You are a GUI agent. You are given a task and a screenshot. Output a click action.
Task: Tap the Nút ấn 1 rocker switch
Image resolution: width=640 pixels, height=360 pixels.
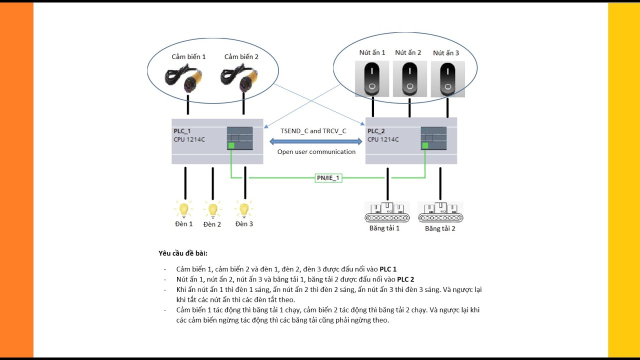tap(372, 78)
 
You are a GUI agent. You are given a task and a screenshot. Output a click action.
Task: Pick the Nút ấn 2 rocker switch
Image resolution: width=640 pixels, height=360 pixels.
tap(409, 78)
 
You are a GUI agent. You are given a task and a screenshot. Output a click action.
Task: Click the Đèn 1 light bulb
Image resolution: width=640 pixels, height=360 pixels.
tap(183, 208)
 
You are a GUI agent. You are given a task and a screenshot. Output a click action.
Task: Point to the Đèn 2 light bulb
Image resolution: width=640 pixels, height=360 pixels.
tap(212, 209)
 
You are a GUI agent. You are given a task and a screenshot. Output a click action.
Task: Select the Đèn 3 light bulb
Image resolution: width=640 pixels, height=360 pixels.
tap(244, 208)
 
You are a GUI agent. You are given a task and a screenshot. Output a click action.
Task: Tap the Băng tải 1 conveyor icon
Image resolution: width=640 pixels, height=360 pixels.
tap(387, 212)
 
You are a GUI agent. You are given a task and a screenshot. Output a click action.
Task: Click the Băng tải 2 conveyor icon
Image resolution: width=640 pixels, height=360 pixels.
tap(440, 212)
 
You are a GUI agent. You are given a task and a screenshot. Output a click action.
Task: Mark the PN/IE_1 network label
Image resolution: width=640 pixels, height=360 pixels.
tap(328, 177)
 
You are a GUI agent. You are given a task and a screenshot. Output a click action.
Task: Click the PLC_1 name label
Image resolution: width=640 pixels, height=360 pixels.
tap(182, 131)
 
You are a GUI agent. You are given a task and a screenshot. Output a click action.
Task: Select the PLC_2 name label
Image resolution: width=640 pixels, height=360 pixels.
tap(376, 131)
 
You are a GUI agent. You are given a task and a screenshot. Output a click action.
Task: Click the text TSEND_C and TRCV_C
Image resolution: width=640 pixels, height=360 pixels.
tap(313, 131)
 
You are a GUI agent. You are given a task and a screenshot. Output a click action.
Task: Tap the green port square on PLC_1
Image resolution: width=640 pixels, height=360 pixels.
tap(231, 146)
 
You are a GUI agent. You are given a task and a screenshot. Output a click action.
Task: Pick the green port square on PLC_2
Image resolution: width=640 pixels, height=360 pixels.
tap(424, 146)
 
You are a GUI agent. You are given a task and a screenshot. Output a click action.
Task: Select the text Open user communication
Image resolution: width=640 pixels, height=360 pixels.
tap(316, 152)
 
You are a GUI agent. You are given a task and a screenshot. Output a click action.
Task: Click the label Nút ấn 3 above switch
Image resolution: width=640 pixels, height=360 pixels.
tap(445, 53)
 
